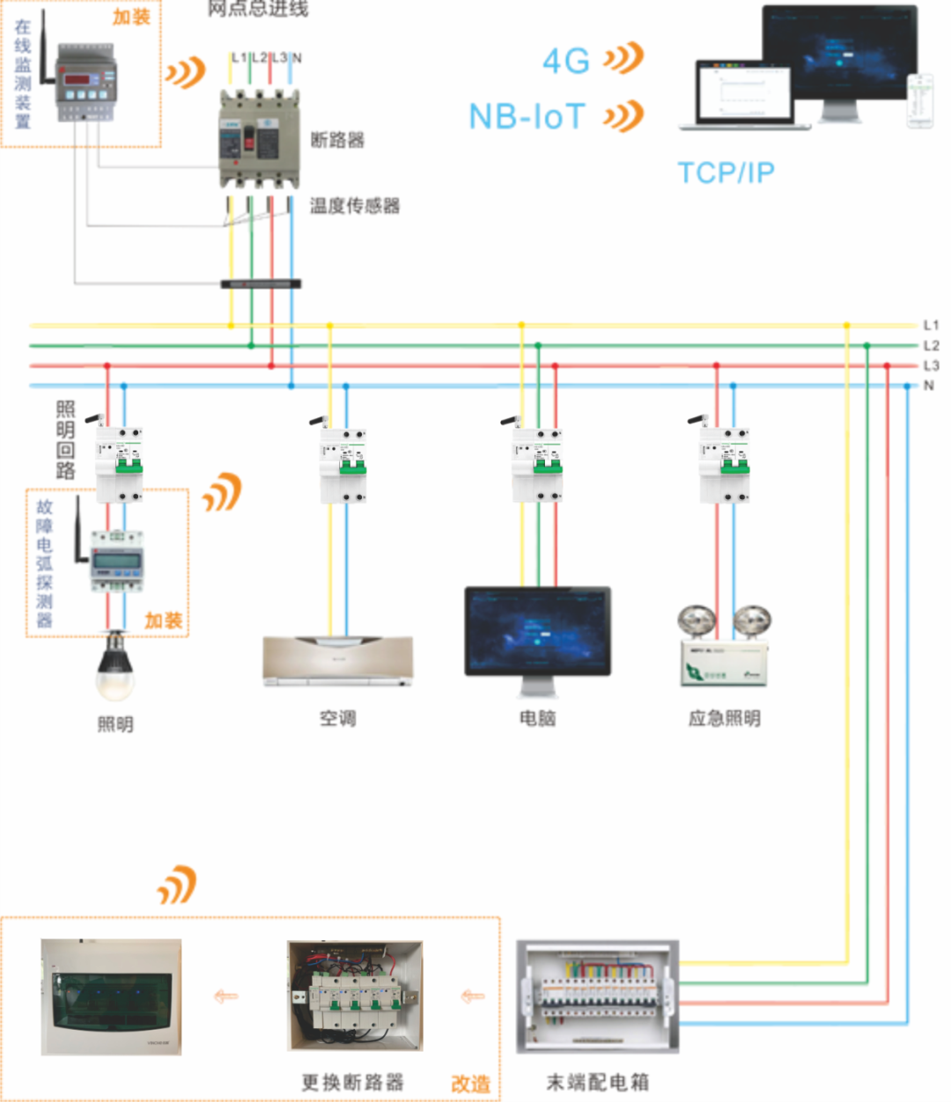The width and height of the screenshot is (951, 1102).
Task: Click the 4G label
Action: click(x=566, y=62)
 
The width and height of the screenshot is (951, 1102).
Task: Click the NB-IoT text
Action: click(x=527, y=116)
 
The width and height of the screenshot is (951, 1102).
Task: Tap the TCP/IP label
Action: click(x=726, y=173)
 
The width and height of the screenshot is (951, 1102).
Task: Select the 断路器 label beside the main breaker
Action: click(x=337, y=140)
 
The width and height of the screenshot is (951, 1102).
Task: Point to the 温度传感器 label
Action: click(x=355, y=206)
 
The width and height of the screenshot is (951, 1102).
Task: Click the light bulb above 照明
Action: click(x=115, y=668)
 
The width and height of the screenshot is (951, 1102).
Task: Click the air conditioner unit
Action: click(x=337, y=660)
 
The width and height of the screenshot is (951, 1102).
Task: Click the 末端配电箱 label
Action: click(x=598, y=1082)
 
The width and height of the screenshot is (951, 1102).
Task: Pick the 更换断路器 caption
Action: click(x=352, y=1082)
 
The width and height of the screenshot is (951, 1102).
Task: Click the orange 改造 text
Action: click(x=470, y=1084)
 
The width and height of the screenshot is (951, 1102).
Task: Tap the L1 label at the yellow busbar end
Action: click(x=931, y=326)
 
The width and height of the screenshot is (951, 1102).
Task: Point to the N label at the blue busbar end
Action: click(x=928, y=386)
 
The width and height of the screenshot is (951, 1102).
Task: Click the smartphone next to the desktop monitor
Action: click(x=920, y=101)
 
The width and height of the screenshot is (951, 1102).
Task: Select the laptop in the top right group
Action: click(x=744, y=95)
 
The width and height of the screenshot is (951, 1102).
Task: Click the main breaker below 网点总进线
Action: click(x=259, y=141)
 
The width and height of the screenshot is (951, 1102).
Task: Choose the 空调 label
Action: click(x=337, y=718)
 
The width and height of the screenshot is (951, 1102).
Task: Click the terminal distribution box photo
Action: click(x=597, y=996)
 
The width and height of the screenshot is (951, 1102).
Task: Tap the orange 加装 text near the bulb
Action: click(x=163, y=621)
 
